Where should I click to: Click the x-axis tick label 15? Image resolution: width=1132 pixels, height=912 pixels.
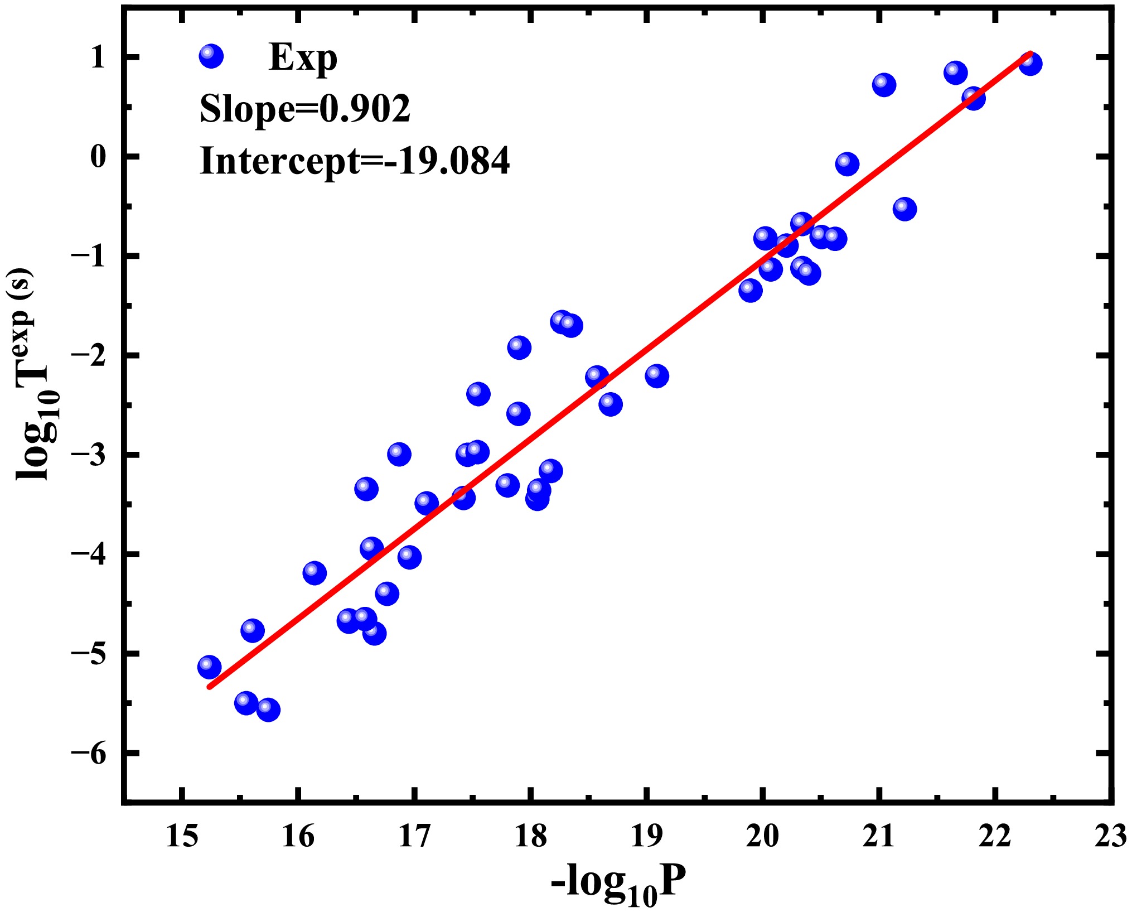point(182,837)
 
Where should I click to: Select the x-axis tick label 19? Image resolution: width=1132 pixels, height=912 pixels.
point(646,837)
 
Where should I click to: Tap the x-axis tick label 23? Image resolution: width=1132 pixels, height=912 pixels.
point(1110,837)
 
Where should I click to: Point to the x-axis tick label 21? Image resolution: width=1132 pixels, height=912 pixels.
point(878,837)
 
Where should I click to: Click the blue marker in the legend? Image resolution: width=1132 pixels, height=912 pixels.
point(211,56)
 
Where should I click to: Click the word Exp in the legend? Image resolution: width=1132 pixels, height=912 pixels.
point(303,58)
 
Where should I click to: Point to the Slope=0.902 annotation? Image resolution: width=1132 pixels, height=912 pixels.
point(305,109)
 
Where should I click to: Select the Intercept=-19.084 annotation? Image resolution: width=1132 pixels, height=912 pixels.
point(355,161)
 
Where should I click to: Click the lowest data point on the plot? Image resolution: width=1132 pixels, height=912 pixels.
point(268,710)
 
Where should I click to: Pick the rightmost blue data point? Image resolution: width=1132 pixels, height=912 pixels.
point(1031,64)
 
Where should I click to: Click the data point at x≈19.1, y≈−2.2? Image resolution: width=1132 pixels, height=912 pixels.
point(657,376)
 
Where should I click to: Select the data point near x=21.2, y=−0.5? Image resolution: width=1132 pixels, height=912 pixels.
point(904,209)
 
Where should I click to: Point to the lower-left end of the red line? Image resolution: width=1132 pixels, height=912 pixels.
point(209,687)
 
